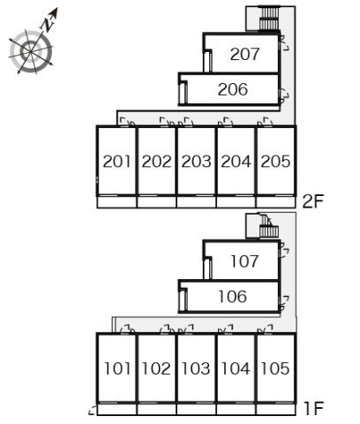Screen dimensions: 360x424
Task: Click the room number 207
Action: pos(244,54)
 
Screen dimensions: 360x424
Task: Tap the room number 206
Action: pos(233,89)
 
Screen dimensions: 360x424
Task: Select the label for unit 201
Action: pos(116,162)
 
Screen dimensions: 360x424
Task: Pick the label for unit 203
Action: pos(196,162)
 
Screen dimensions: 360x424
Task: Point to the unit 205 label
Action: pos(275,162)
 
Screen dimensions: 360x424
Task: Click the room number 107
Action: pos(244,261)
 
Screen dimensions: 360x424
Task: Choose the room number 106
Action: pos(233,297)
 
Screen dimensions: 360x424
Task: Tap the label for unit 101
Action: pos(117,368)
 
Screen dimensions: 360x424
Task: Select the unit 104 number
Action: pos(236,368)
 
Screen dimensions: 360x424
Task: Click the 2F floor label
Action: pos(313,201)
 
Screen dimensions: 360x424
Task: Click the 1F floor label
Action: pos(313,409)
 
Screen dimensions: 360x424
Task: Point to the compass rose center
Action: pos(31,52)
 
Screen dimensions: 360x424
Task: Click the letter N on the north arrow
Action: pos(47,26)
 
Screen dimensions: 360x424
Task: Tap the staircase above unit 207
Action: pos(268,19)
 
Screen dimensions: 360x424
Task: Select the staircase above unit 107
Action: pos(268,227)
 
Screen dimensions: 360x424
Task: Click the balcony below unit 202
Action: pos(156,202)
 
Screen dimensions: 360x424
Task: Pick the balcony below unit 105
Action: pos(275,410)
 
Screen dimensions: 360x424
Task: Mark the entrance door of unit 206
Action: pos(284,96)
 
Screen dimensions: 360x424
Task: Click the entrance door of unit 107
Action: pos(284,250)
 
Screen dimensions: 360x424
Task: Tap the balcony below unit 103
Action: pos(196,410)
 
